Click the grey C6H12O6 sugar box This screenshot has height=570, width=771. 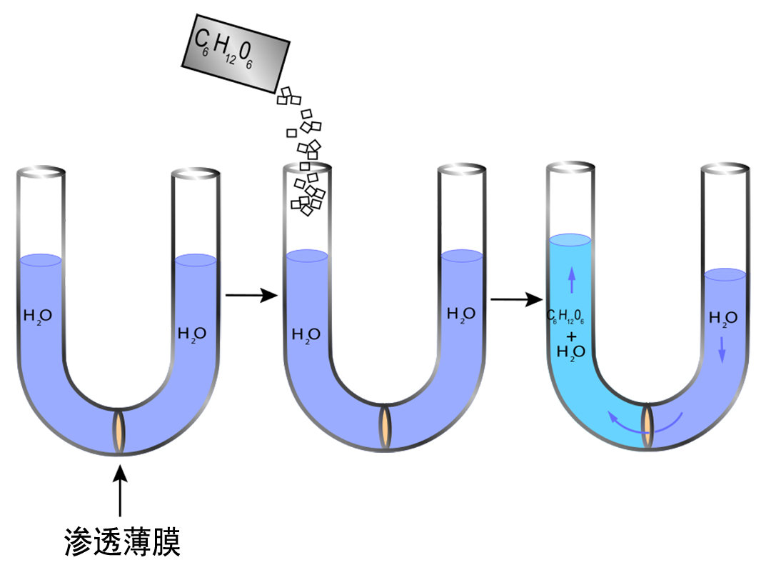click(x=236, y=53)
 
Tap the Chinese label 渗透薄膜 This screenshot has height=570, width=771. click(x=121, y=543)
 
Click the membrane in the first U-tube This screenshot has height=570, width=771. click(x=120, y=430)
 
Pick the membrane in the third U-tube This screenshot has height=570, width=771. click(x=647, y=426)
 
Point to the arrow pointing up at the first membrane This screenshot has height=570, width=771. click(x=120, y=489)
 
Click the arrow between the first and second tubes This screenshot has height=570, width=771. click(x=251, y=294)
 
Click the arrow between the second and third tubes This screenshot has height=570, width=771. click(x=516, y=299)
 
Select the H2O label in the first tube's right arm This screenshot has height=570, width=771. click(x=191, y=333)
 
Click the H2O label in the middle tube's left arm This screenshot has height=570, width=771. click(x=306, y=334)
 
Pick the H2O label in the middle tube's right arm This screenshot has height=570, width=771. click(x=461, y=314)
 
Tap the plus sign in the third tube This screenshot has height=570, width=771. click(x=571, y=335)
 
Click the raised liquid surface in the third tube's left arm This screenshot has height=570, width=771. click(x=570, y=240)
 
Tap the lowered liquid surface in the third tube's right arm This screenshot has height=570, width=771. click(x=725, y=274)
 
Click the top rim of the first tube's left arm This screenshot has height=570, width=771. click(x=41, y=172)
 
